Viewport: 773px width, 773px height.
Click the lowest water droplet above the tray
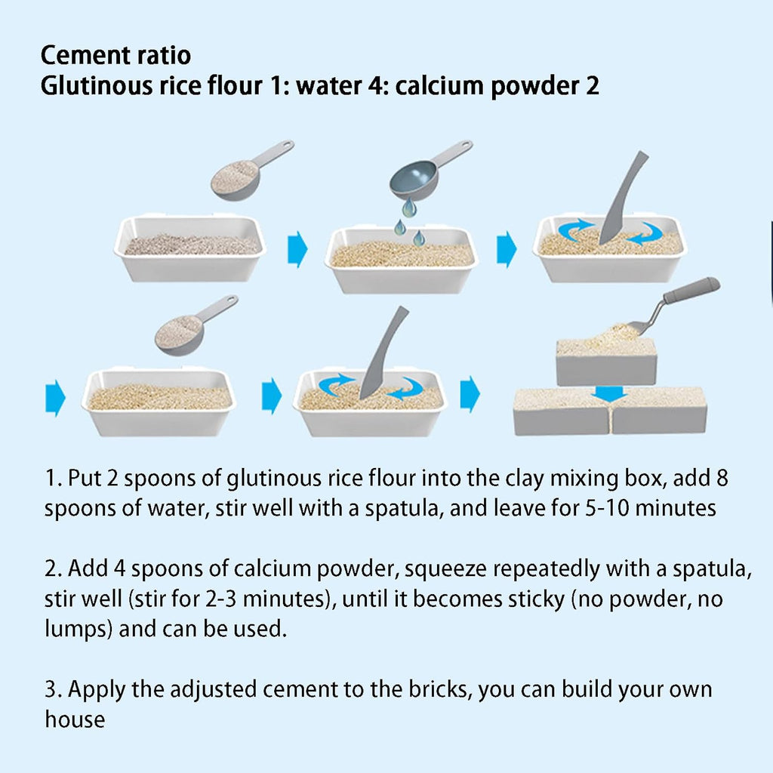(x=418, y=238)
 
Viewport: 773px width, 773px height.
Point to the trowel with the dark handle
(x=673, y=306)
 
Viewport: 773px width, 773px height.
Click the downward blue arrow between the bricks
(x=609, y=393)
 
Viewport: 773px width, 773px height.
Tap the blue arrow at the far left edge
(x=55, y=398)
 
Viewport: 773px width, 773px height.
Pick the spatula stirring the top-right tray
(x=622, y=198)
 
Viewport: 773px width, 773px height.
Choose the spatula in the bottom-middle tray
(x=383, y=353)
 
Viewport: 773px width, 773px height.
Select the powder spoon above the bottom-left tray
(x=196, y=325)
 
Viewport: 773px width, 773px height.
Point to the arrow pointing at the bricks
(x=470, y=394)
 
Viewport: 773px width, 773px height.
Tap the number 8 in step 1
(x=722, y=478)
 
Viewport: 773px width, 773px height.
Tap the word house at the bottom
(x=75, y=719)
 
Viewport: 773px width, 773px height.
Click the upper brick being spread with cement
(x=606, y=362)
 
